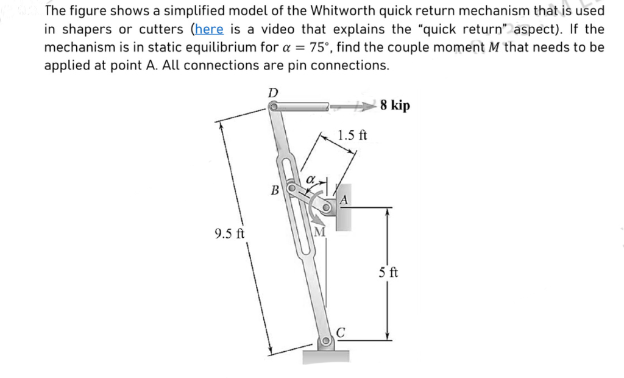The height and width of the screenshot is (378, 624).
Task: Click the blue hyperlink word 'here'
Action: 209,29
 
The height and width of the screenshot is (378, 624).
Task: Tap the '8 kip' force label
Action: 394,105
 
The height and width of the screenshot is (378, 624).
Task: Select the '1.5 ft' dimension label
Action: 352,135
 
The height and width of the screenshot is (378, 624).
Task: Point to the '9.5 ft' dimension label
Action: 230,233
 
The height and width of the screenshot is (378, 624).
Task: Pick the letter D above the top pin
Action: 273,91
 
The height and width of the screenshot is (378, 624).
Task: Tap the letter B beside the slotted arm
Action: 275,190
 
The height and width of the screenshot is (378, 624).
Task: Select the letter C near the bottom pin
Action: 341,332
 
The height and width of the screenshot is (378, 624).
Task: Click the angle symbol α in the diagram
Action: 310,179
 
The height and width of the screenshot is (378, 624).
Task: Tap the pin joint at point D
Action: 274,107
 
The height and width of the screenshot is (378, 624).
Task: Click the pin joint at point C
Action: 326,341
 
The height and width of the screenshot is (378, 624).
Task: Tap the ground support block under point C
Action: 326,356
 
